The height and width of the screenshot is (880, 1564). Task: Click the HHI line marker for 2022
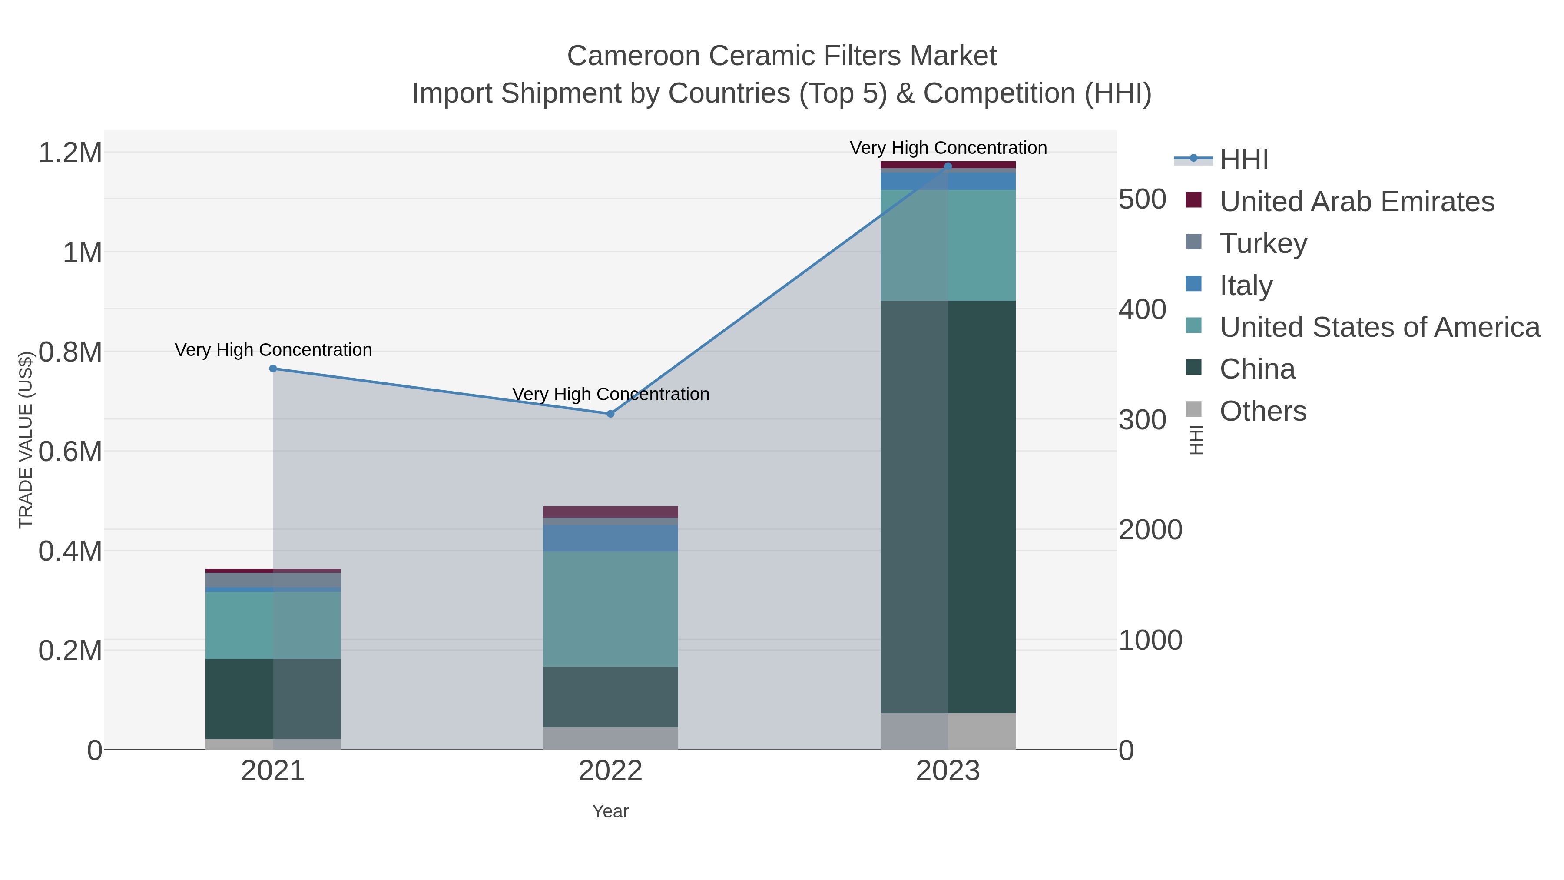click(610, 414)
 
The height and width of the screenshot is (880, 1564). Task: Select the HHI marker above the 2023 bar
click(948, 166)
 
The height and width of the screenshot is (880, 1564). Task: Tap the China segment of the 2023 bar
click(948, 507)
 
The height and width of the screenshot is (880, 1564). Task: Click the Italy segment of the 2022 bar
click(610, 538)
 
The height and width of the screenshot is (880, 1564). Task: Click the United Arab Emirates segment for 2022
click(610, 511)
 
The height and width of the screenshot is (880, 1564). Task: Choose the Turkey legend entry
click(1263, 243)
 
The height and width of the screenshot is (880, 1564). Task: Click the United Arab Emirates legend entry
click(1356, 202)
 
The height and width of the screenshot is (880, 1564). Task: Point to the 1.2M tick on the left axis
click(70, 153)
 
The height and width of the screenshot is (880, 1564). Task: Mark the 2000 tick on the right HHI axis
click(1150, 530)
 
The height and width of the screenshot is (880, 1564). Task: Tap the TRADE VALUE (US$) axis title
click(26, 440)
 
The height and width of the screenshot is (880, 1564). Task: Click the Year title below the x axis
click(610, 811)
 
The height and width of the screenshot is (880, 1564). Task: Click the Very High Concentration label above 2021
click(273, 350)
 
